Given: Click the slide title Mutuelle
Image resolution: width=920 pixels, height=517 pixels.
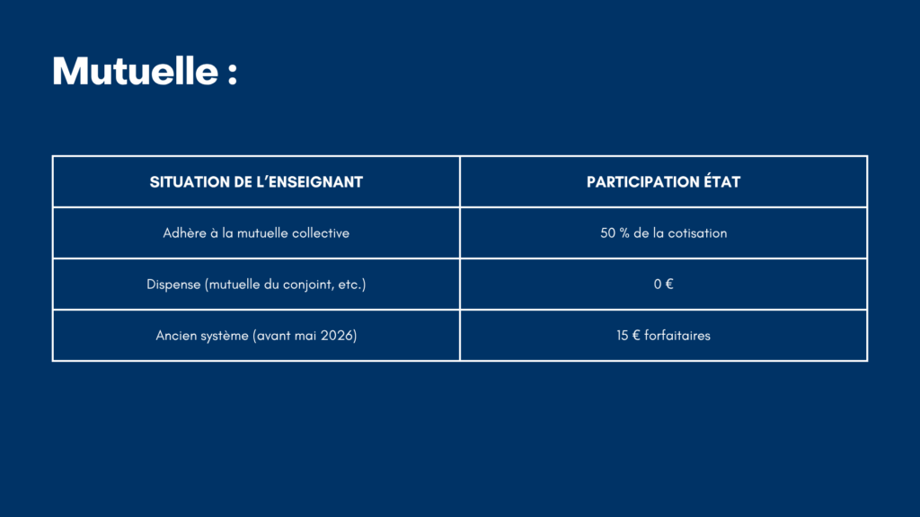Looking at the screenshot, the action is pos(136,71).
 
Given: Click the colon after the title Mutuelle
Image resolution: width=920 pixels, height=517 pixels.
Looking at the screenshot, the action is pos(233,74).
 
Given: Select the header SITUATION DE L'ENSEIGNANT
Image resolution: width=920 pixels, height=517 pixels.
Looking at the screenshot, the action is pos(256,181).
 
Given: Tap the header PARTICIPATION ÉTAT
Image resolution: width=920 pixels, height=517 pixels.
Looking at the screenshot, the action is pos(664,181).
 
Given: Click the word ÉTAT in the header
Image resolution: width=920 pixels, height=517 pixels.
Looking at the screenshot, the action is pos(722,181).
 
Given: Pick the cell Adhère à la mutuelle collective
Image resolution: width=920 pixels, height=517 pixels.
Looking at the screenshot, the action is pos(256,232).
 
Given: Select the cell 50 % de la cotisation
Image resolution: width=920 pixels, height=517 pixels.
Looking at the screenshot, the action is pos(664,232).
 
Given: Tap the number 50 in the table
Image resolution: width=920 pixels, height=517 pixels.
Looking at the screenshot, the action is pos(607,233).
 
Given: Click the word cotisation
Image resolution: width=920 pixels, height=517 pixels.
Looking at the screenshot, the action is pos(697,232).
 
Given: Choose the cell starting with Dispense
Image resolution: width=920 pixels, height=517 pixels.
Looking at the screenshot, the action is pos(256,285).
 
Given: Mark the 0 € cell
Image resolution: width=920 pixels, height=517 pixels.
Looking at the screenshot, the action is pos(664,285).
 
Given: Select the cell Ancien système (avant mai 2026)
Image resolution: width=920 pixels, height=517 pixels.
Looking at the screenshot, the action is pos(256,336).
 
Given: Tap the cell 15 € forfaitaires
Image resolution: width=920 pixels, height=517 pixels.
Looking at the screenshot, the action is pos(664,336).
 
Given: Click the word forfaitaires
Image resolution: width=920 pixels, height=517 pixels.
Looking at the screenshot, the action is pos(677,336).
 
